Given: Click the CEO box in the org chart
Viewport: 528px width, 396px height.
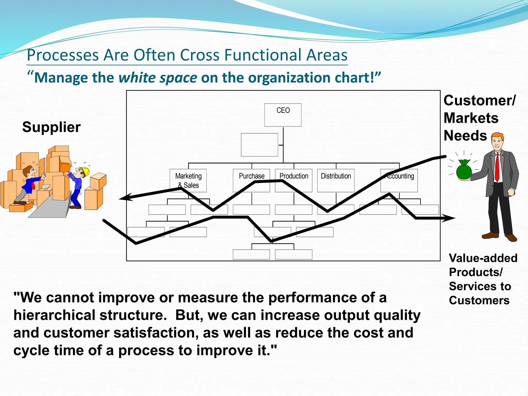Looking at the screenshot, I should click(283, 115).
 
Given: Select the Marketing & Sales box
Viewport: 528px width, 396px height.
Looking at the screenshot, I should click(188, 180).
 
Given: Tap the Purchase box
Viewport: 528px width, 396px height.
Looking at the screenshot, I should click(251, 180).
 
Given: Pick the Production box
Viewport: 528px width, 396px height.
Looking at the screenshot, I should click(294, 180).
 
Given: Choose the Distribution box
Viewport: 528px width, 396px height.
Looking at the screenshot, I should click(336, 180).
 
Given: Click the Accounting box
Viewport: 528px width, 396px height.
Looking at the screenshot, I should click(399, 180).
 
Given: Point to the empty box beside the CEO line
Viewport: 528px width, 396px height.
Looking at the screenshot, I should click(259, 145).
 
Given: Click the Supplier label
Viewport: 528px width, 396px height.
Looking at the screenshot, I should click(51, 127).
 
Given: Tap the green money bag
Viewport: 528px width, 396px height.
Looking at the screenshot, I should click(464, 171).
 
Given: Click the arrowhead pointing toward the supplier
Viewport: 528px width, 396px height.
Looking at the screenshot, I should click(124, 198).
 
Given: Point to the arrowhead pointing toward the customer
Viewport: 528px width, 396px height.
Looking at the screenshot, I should click(450, 218).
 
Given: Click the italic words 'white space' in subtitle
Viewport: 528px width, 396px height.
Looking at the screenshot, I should click(158, 78).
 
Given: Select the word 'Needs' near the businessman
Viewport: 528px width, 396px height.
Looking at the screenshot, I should click(465, 136).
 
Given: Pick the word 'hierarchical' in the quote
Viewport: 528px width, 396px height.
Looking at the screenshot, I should click(54, 315).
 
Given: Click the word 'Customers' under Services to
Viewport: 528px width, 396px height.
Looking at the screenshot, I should click(479, 300).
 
